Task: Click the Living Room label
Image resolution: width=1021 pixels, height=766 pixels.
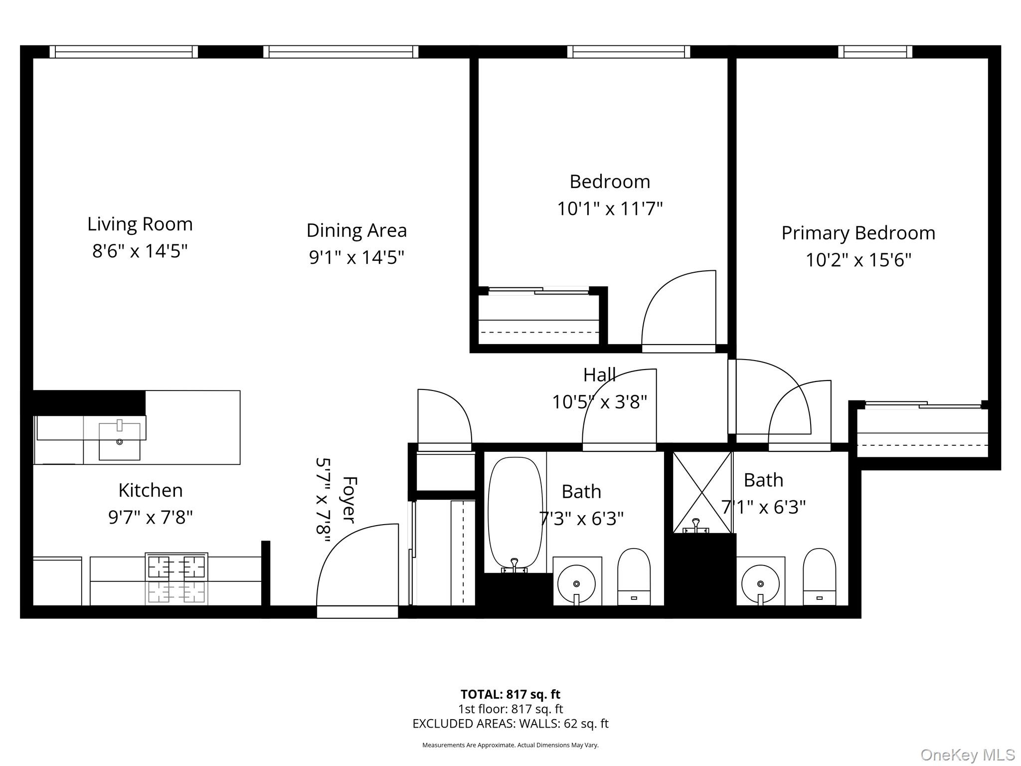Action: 140,224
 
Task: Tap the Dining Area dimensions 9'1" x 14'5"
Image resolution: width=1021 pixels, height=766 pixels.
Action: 356,257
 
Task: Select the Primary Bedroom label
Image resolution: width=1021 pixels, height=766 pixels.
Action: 858,233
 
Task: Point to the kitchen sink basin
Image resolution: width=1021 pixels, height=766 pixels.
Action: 119,441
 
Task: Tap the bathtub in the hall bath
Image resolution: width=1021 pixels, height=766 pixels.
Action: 515,514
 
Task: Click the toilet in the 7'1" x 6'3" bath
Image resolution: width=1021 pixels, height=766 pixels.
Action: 819,576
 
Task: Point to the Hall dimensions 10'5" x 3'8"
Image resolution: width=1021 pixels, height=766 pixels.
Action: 599,401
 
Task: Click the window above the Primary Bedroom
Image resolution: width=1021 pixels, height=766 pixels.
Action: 875,52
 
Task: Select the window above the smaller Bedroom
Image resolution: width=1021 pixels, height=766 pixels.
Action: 628,52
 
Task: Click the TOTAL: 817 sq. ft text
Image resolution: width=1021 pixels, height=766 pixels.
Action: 510,694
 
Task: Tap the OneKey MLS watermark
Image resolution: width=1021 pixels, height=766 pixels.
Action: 967,755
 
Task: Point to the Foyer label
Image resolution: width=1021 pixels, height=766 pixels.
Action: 349,500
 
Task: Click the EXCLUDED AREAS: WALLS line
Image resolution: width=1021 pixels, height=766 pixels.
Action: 510,724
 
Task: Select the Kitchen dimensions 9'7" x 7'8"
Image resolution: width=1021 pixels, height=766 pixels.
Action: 150,517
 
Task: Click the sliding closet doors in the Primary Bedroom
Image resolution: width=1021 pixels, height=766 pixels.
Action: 922,405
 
